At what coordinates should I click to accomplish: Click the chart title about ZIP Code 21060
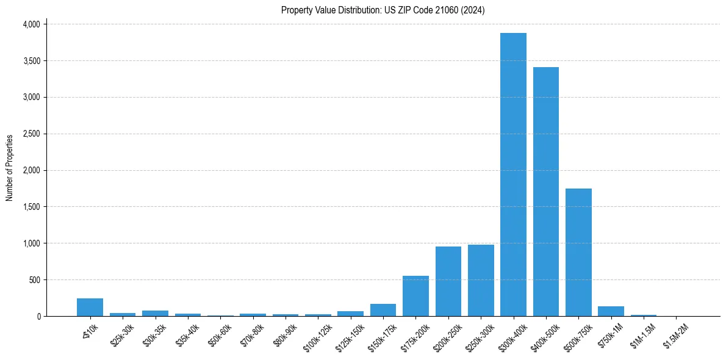click(383, 10)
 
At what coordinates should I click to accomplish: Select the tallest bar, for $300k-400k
click(513, 175)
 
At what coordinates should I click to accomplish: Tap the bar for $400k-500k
click(546, 192)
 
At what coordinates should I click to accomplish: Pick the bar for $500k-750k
click(578, 252)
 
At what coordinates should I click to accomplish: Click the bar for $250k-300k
click(481, 280)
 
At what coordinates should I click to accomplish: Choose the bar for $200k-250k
click(448, 281)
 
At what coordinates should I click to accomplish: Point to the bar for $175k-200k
click(415, 296)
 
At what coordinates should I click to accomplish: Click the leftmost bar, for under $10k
click(90, 307)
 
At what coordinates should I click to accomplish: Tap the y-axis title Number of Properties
click(10, 168)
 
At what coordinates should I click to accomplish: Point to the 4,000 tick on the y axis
click(31, 24)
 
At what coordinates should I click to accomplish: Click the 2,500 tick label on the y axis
click(31, 134)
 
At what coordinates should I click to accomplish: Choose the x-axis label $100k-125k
click(318, 335)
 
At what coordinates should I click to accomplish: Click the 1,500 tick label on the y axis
click(31, 207)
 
